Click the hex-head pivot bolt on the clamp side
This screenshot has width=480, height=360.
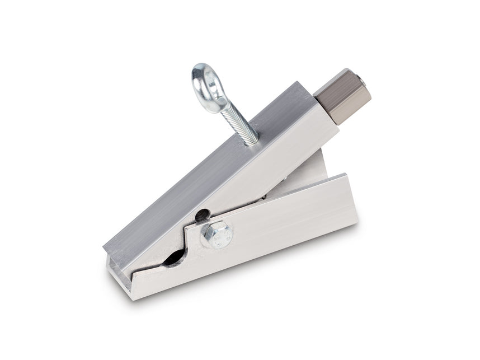coord(216,235)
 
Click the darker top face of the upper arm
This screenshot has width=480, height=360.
coord(213,162)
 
